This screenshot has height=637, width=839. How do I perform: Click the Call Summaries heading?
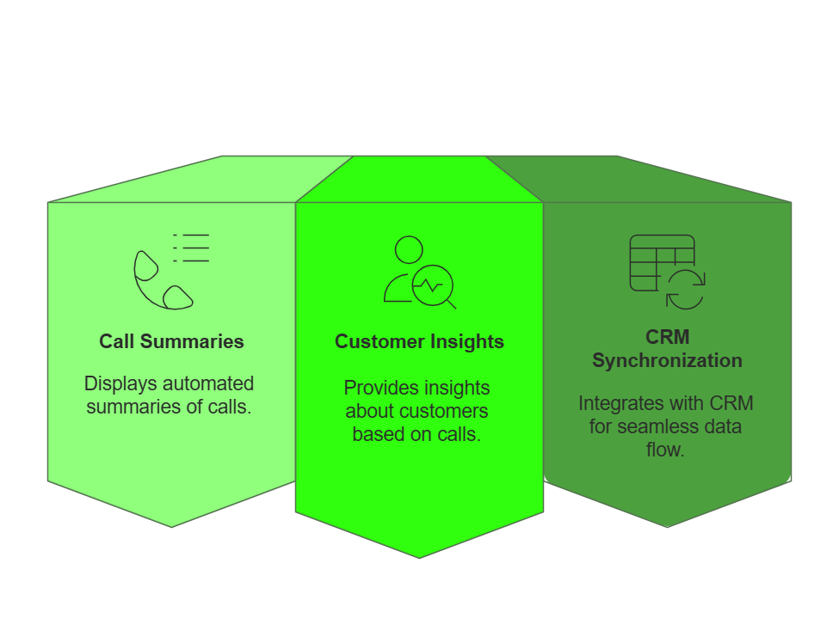(x=171, y=341)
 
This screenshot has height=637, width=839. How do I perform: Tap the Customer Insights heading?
(x=419, y=341)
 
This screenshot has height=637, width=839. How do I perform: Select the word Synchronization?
(x=667, y=360)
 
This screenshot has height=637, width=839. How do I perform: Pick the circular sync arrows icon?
(x=685, y=289)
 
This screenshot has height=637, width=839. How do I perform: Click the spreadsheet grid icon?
(x=661, y=262)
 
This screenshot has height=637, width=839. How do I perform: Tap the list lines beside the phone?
(x=192, y=248)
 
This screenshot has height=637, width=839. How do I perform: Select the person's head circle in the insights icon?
(x=409, y=249)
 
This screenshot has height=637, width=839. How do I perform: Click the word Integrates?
(x=620, y=403)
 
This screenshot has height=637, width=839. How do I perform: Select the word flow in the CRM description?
(x=665, y=449)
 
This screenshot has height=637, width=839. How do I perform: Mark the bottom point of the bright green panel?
(x=419, y=556)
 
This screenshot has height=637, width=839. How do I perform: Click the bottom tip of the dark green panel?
(x=667, y=526)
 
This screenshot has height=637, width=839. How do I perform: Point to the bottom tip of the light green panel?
(x=171, y=526)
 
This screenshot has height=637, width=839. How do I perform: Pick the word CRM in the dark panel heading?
(x=667, y=337)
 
